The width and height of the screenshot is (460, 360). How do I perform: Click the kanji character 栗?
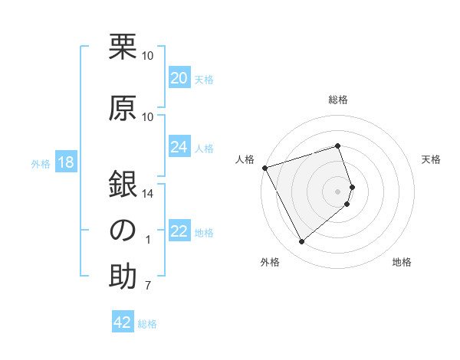click(x=123, y=47)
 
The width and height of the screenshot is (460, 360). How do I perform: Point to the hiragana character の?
click(x=123, y=231)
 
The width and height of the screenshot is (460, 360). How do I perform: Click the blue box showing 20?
click(x=179, y=78)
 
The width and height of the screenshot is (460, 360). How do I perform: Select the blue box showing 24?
click(x=179, y=147)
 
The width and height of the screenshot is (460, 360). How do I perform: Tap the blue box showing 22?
click(x=179, y=231)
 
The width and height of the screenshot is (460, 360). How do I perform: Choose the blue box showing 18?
click(x=64, y=163)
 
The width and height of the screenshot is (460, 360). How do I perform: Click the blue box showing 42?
click(x=122, y=322)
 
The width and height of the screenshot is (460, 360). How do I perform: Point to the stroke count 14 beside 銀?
click(x=148, y=194)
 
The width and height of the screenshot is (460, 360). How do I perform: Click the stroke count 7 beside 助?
click(x=148, y=286)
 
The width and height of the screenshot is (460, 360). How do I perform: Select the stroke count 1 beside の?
click(x=148, y=240)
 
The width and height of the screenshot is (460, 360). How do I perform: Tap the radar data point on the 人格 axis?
click(x=264, y=168)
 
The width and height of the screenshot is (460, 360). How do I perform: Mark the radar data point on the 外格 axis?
click(x=301, y=242)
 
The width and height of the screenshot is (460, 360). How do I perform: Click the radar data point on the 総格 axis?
click(x=337, y=146)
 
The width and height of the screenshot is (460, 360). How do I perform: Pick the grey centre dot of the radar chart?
click(x=337, y=191)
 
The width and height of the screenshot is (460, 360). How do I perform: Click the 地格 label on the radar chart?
click(x=402, y=263)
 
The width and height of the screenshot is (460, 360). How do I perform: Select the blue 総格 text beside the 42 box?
click(x=147, y=324)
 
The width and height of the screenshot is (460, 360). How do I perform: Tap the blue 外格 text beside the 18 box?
click(x=41, y=164)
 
